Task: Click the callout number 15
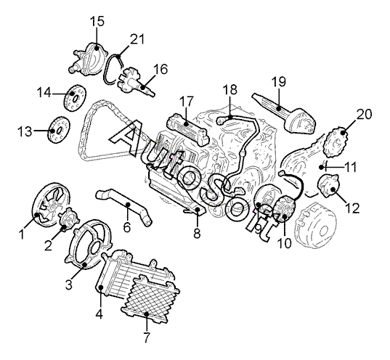tap(97, 21)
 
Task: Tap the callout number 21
tap(137, 39)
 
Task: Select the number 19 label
tap(279, 81)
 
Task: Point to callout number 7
tap(147, 337)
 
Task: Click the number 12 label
tap(352, 208)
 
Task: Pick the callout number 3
tap(69, 285)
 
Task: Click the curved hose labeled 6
tap(125, 207)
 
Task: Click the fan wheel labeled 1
tap(51, 205)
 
